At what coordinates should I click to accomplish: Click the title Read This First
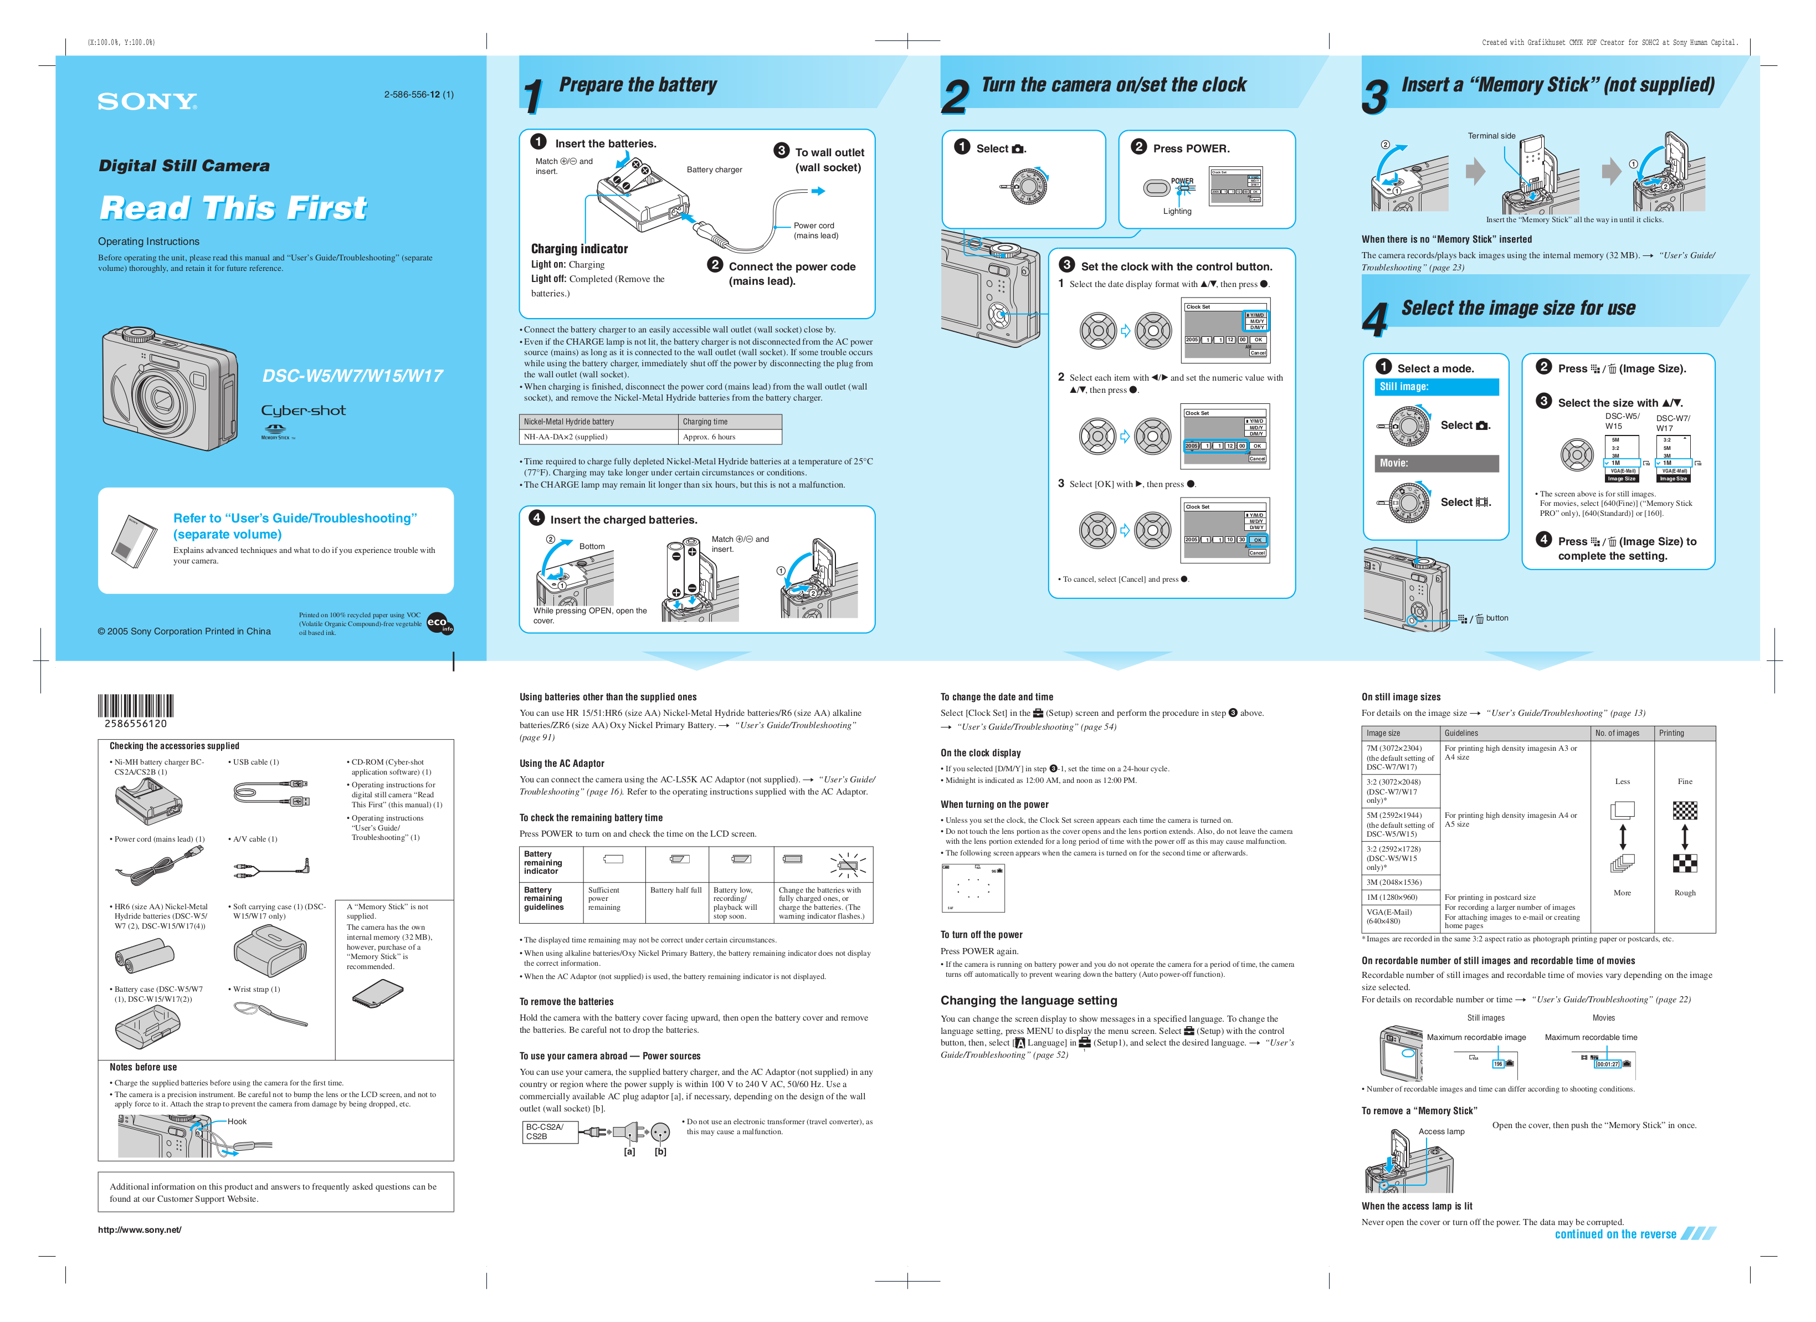(x=233, y=208)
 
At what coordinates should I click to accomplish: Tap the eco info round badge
(x=439, y=624)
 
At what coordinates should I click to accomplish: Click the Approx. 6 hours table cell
(x=729, y=437)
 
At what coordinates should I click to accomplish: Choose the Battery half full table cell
(x=676, y=890)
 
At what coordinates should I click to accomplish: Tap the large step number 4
(x=1375, y=320)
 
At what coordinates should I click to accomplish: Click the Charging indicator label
(x=579, y=249)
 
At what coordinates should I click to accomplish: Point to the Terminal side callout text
(x=1491, y=136)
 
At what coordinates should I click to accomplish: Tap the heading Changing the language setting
(x=1028, y=1001)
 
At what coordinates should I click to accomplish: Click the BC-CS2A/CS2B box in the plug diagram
(x=548, y=1131)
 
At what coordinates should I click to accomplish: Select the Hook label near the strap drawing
(x=237, y=1122)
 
